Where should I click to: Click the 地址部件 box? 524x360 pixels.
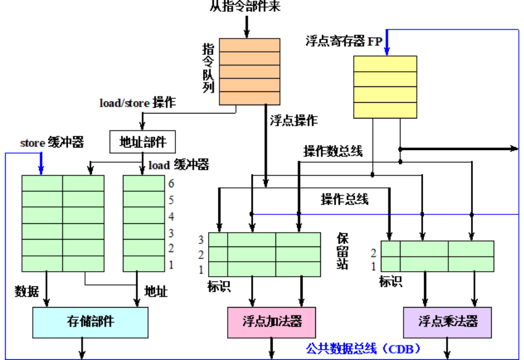tap(143, 142)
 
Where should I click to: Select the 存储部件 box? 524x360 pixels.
tap(90, 322)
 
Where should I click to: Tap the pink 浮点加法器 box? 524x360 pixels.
tap(272, 322)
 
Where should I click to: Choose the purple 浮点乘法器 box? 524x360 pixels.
tap(448, 322)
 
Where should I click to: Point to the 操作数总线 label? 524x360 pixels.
tap(333, 151)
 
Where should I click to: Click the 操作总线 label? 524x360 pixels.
tap(345, 200)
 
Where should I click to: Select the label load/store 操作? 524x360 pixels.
tap(137, 102)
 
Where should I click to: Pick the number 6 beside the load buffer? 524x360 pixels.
tap(171, 184)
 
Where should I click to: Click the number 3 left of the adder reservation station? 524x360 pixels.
tap(201, 240)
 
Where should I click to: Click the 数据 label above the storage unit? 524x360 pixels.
tap(26, 291)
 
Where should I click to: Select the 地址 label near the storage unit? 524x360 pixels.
tap(156, 291)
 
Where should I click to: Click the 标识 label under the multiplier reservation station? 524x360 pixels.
tap(390, 281)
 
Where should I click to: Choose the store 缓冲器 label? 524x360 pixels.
tap(52, 143)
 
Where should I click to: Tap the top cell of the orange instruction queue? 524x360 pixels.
tap(249, 44)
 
